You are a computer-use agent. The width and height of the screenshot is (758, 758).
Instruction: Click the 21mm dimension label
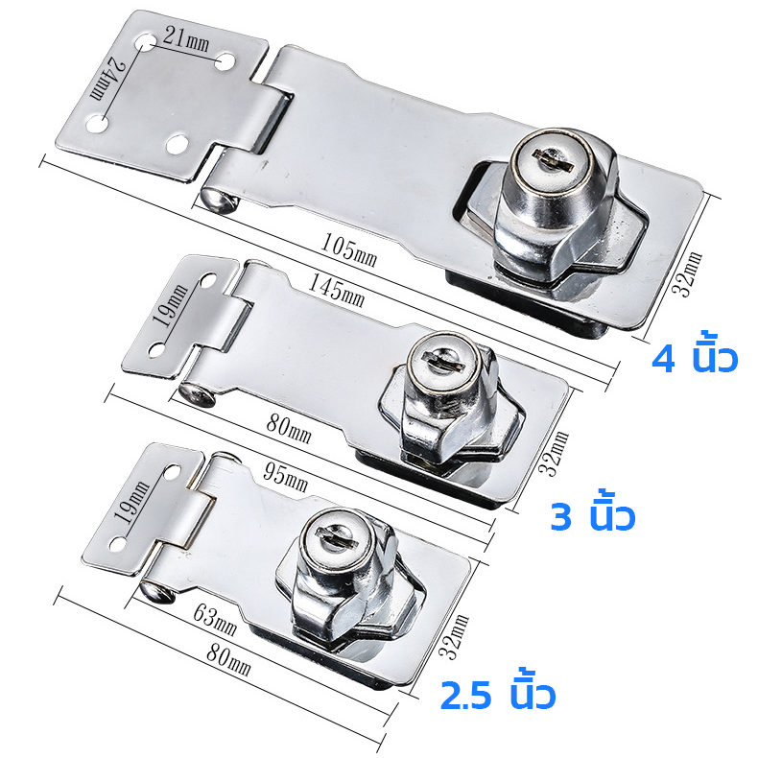[186, 38]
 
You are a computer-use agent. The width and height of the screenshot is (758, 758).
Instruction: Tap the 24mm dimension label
[107, 79]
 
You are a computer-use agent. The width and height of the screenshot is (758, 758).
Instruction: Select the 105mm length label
[348, 249]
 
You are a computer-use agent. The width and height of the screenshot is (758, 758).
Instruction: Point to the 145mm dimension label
[336, 291]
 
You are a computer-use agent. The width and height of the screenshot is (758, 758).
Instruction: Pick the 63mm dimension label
[215, 620]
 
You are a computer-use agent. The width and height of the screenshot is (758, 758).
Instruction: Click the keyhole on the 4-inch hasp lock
[553, 160]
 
